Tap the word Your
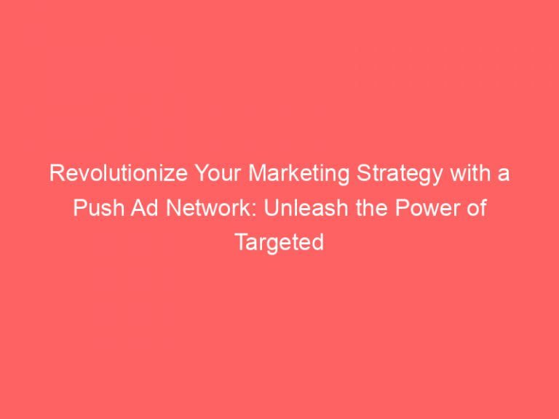(177, 175)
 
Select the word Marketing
(249, 175)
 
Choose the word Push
(94, 209)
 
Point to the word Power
(378, 209)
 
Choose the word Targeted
(279, 242)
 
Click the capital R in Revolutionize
(54, 175)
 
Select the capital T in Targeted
(240, 242)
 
